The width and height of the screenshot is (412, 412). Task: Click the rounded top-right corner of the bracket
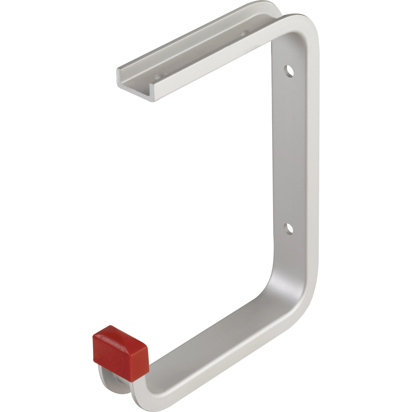(x=305, y=30)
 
